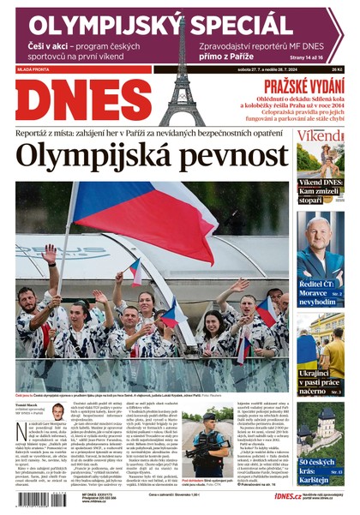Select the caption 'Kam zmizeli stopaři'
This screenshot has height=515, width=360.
point(320,195)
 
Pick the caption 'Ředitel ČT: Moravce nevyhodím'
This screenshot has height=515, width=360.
point(320,294)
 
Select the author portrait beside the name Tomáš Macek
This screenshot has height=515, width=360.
point(57,412)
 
